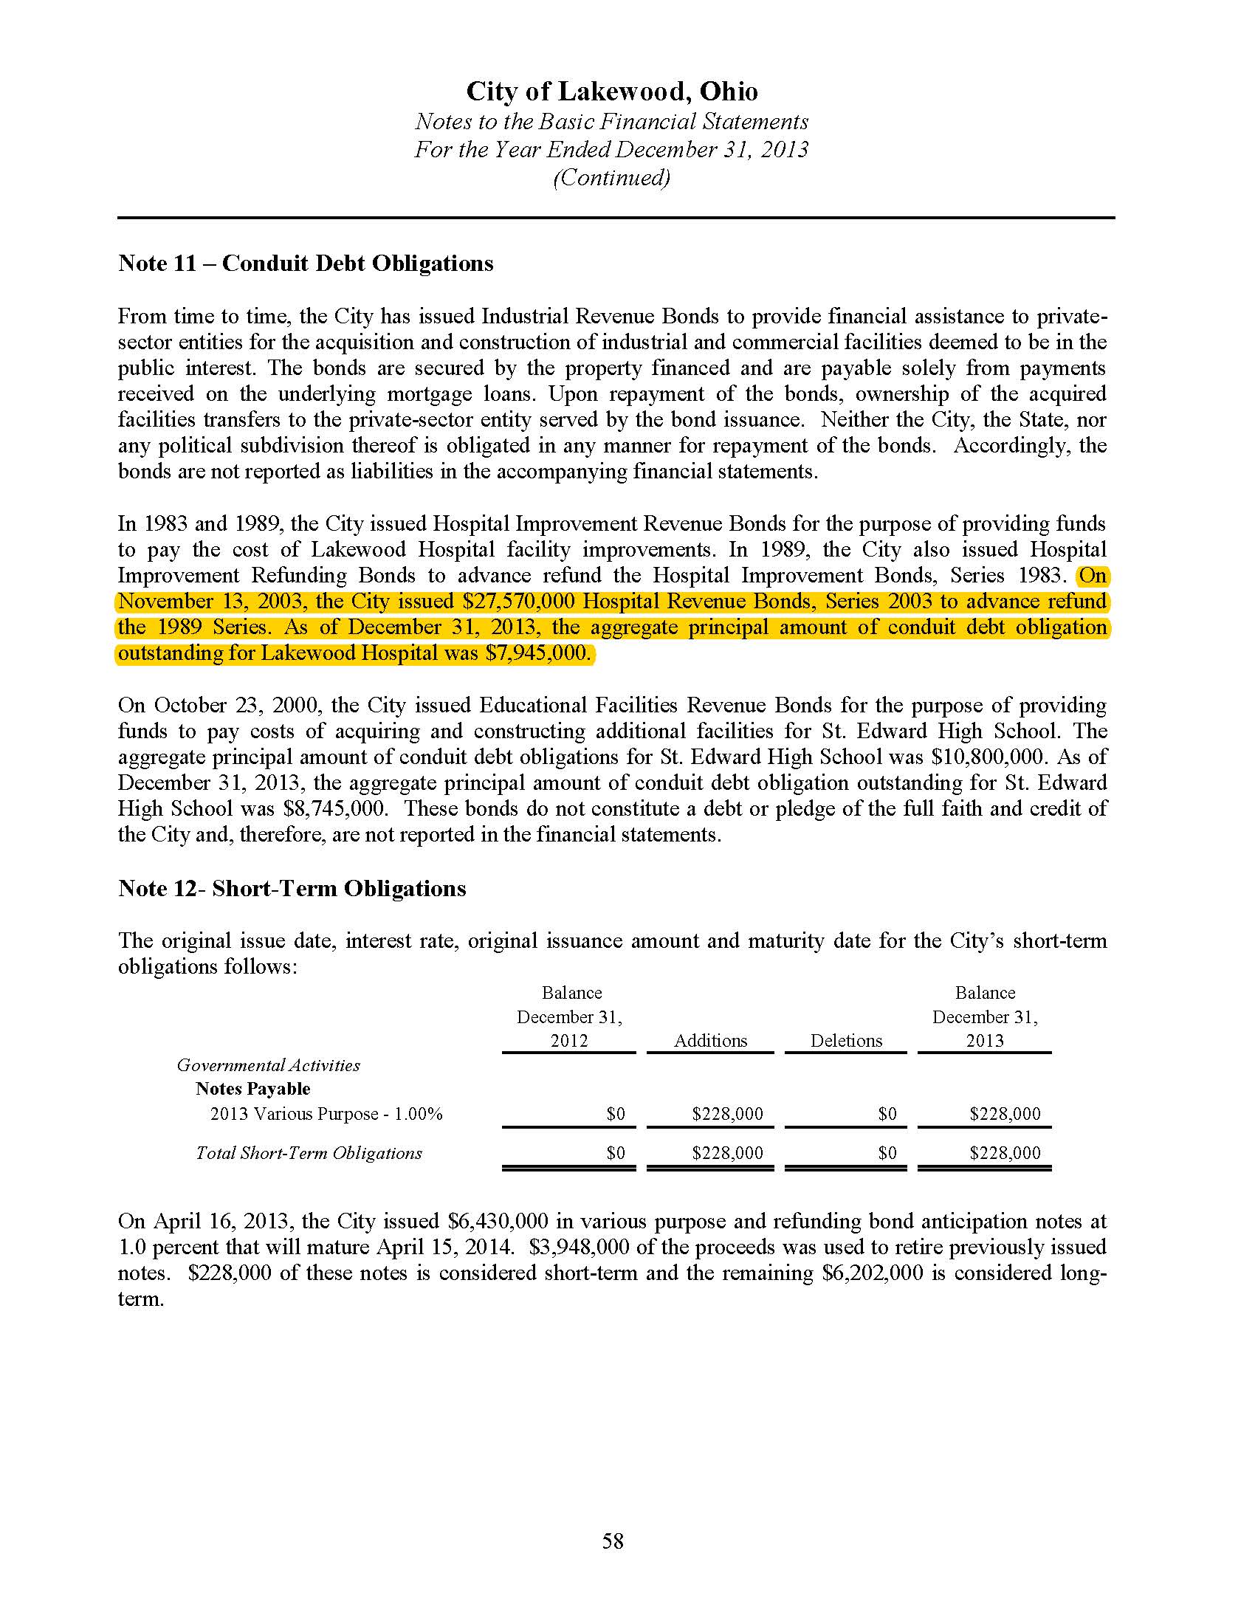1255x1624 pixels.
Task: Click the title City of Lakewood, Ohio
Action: [612, 92]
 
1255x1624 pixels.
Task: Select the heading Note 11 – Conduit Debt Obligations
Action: [306, 264]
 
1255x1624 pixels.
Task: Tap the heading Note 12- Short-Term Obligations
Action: [292, 889]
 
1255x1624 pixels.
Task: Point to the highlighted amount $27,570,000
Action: [518, 601]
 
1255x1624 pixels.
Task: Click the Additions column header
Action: [710, 1040]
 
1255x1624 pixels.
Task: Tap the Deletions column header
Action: [846, 1040]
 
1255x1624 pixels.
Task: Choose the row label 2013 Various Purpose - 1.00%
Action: [326, 1114]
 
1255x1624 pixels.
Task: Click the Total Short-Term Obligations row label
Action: [309, 1153]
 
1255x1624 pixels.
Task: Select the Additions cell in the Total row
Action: [727, 1153]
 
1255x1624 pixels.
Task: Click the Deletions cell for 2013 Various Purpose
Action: [887, 1114]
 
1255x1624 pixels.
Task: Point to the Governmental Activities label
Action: [269, 1065]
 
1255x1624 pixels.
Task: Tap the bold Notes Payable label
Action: [252, 1090]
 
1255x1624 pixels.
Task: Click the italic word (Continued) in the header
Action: [612, 178]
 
